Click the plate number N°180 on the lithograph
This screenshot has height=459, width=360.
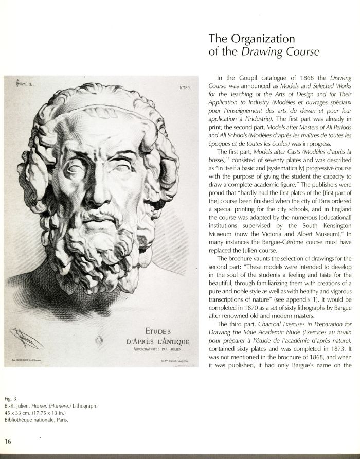pyautogui.click(x=185, y=87)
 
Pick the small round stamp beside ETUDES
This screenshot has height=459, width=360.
pyautogui.click(x=100, y=339)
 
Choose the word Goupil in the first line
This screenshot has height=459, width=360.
pyautogui.click(x=243, y=77)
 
